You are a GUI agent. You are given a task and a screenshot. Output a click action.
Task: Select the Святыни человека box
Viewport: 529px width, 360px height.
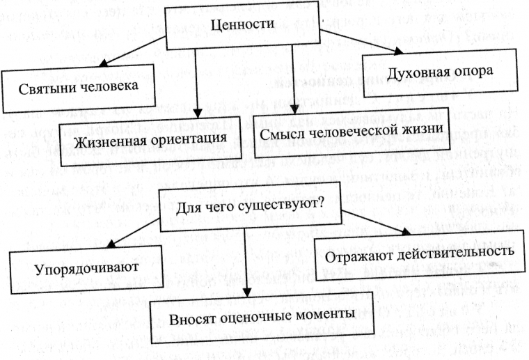coord(75,86)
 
